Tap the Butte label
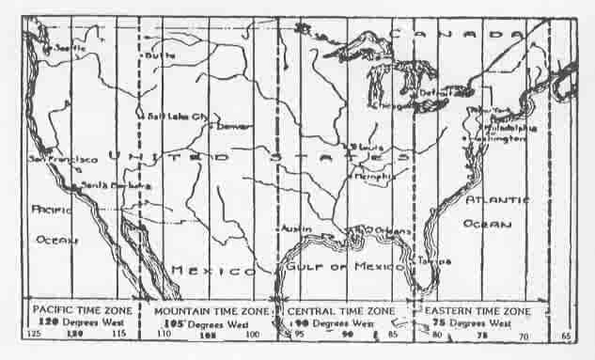point(159,56)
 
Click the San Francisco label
point(63,160)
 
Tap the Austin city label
point(293,228)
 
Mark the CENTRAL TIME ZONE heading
point(341,309)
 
